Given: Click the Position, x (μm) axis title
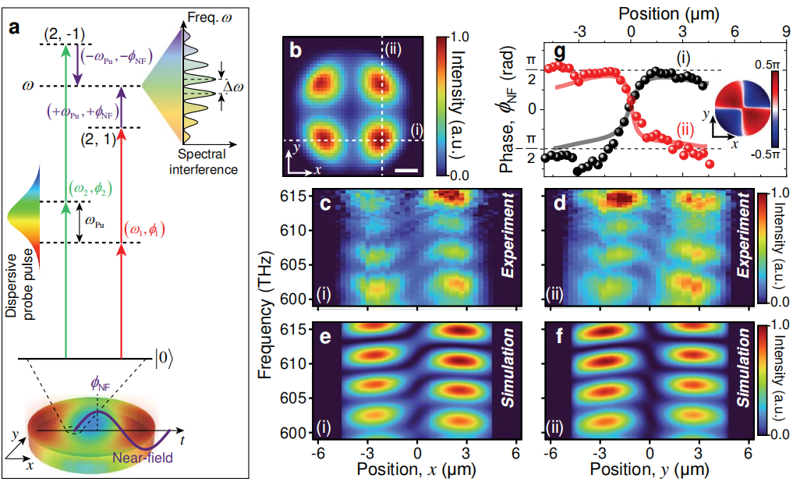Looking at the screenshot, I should point(415,470).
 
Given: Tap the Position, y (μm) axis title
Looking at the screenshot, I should point(650,470).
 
